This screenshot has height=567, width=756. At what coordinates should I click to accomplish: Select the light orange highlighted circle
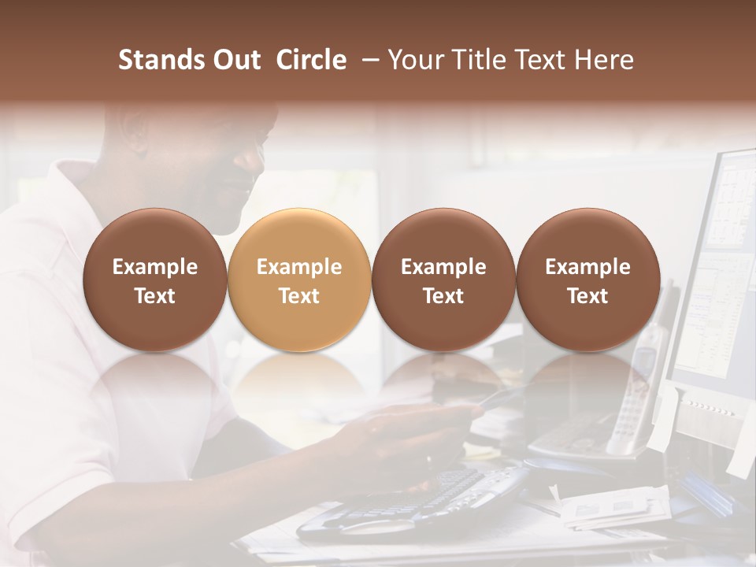tap(299, 280)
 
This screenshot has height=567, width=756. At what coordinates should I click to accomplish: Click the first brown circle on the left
tap(155, 280)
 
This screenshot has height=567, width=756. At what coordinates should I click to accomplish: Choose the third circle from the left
tap(443, 280)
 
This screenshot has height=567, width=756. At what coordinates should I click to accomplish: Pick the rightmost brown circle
tap(587, 280)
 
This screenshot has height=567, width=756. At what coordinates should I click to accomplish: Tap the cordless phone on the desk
tap(634, 394)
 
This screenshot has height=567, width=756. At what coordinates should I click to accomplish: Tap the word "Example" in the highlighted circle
tap(299, 267)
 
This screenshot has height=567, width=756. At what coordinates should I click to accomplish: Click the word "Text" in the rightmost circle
tap(587, 296)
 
